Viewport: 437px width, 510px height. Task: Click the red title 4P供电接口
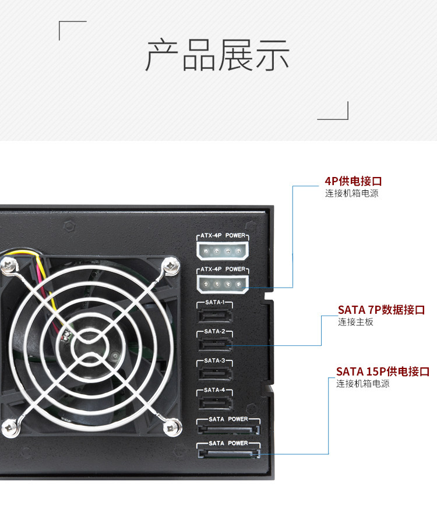tap(354, 181)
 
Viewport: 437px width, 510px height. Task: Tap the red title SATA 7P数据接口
tap(382, 310)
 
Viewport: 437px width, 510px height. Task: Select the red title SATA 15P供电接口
tap(383, 371)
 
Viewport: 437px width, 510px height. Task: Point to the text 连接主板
tap(355, 322)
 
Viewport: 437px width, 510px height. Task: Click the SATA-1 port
tap(215, 316)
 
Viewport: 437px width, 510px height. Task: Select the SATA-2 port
tap(215, 345)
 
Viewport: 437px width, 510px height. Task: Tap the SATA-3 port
tap(215, 374)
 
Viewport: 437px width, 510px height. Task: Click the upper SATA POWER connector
tap(228, 430)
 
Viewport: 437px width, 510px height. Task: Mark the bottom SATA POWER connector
tap(228, 454)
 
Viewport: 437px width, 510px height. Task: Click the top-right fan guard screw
tap(170, 266)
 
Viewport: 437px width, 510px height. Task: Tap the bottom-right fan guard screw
tap(172, 428)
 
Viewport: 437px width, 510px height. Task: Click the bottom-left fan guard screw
tap(8, 428)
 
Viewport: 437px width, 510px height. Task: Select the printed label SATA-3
tap(215, 361)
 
